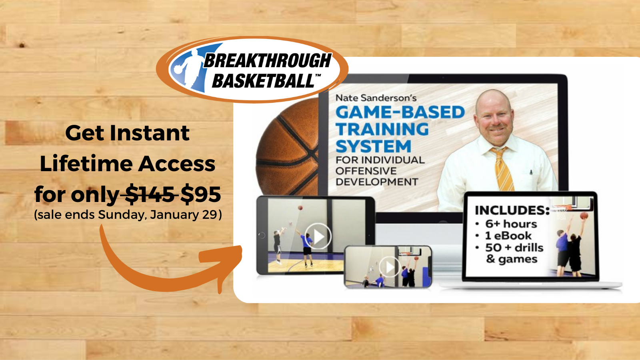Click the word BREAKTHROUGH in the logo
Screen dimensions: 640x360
point(268,60)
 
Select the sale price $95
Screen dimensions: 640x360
point(200,194)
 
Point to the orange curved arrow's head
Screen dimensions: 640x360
point(223,263)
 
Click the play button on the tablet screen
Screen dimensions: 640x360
point(318,236)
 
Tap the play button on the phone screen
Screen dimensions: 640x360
point(390,266)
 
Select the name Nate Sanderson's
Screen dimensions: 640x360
point(376,98)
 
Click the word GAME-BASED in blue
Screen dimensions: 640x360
point(400,112)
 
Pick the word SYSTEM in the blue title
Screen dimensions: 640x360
point(374,146)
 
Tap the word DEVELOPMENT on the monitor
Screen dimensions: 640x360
point(377,182)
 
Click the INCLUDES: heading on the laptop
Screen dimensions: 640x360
point(512,210)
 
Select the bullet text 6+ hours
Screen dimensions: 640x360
point(511,224)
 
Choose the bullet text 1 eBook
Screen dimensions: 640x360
point(508,236)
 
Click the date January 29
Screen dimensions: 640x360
point(184,214)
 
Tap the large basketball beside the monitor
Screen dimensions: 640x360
point(288,148)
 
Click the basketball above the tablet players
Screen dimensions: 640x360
point(300,208)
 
